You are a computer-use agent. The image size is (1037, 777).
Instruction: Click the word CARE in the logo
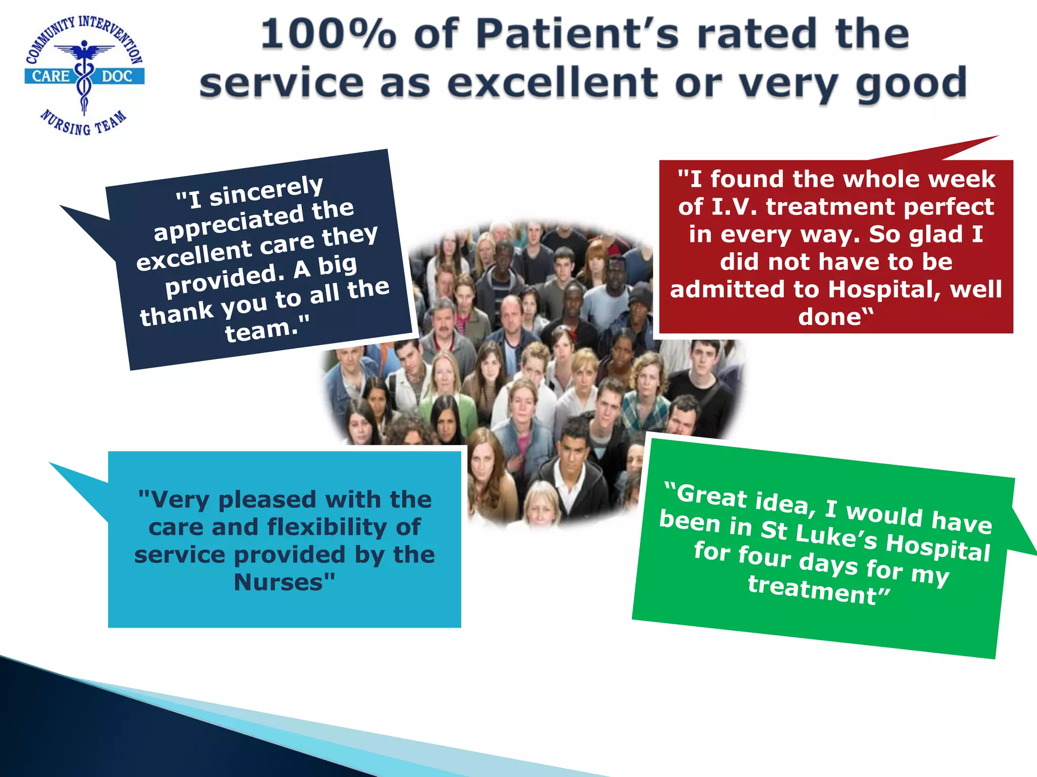51,76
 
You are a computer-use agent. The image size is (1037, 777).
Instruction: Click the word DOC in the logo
117,76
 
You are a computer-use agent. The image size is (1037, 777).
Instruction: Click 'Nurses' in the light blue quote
278,582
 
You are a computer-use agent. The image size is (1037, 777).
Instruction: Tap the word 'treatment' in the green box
812,590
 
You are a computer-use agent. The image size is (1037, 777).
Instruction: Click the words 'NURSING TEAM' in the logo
84,124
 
